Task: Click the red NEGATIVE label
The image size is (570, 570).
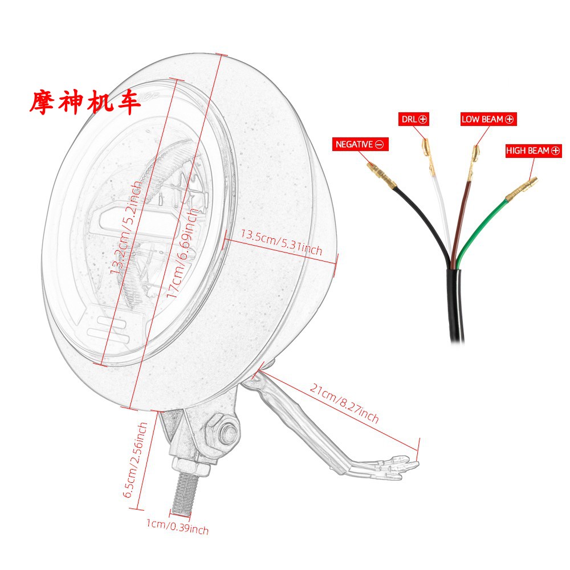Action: [x=359, y=145]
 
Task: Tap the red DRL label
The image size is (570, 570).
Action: [x=413, y=119]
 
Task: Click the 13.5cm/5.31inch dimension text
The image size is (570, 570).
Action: [x=282, y=242]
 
